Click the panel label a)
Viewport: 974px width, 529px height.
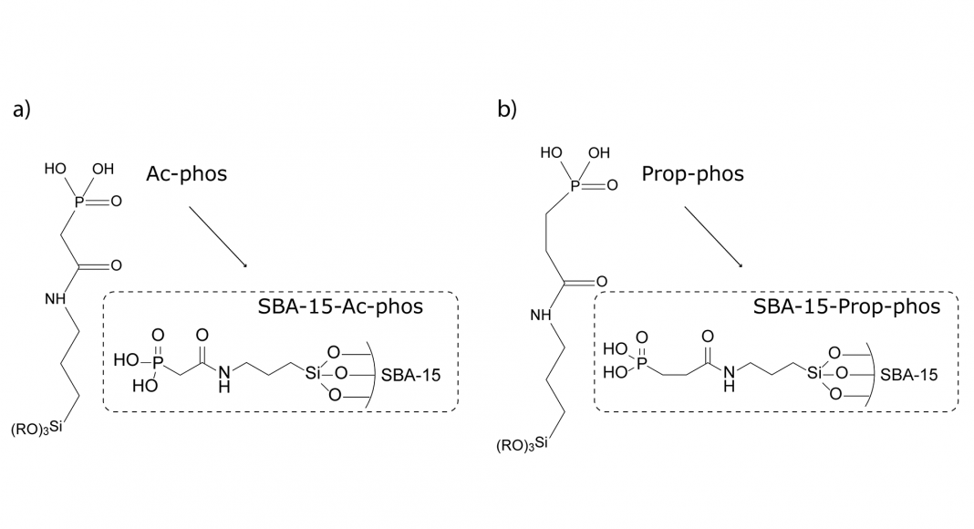tap(22, 110)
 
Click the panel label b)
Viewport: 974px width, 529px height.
tap(507, 109)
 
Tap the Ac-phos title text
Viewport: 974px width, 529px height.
tap(186, 173)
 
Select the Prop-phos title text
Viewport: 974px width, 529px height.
tap(692, 172)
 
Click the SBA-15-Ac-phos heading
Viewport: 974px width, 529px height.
tap(340, 306)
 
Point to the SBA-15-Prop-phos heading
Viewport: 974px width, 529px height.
tap(846, 306)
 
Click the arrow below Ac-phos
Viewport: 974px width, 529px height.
tap(217, 235)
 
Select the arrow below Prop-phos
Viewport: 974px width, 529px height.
tap(712, 235)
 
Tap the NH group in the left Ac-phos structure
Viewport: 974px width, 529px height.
tap(55, 298)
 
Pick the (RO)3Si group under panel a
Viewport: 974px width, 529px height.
tap(37, 428)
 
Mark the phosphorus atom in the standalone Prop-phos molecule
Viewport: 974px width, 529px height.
tap(574, 185)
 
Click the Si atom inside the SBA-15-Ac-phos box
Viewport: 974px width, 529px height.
tap(313, 373)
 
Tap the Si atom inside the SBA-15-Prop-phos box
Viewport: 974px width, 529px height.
tap(814, 373)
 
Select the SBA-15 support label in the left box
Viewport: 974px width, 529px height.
tap(409, 375)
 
